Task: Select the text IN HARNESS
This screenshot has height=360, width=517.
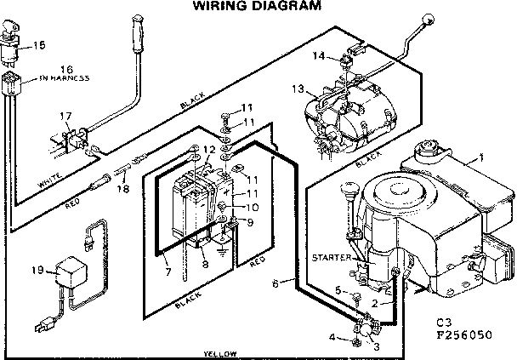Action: [65, 77]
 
